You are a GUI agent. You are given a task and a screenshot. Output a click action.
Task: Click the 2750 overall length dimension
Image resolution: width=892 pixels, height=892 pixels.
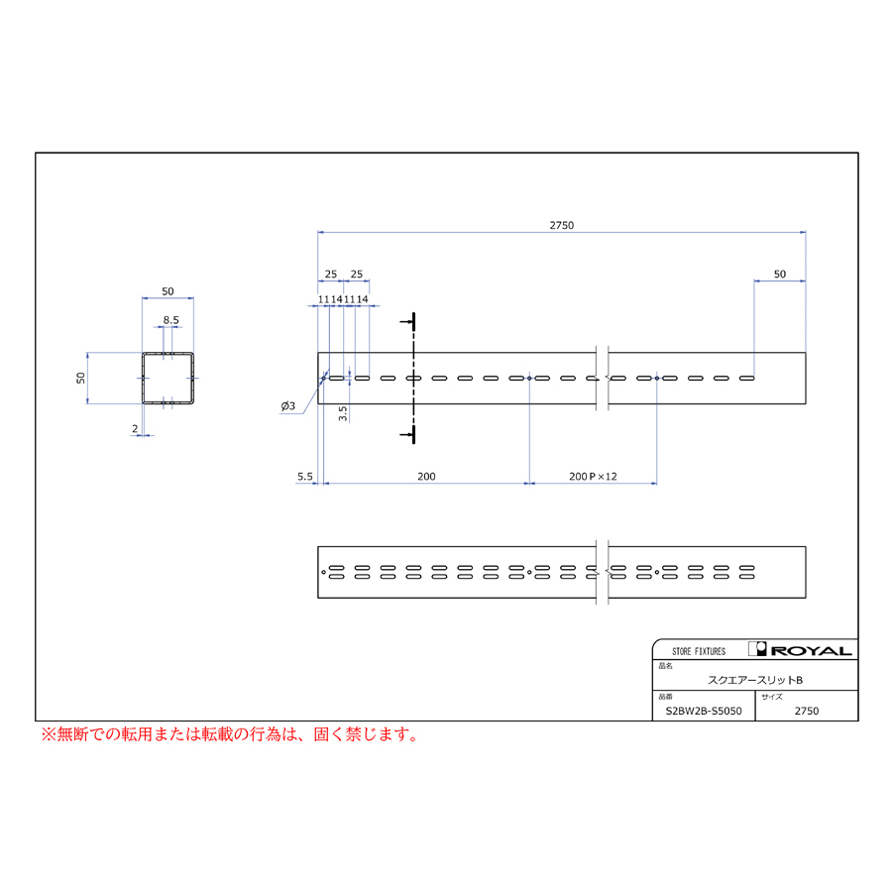(562, 225)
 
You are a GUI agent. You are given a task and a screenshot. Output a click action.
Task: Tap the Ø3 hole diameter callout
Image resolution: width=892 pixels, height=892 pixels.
(287, 405)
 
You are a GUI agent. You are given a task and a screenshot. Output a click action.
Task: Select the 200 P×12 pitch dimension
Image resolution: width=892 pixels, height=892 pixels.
(593, 476)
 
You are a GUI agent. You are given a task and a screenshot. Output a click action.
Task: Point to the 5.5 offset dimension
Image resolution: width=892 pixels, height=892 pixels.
(305, 476)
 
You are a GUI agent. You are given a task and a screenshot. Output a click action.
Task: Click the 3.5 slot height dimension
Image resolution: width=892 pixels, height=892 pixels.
(343, 413)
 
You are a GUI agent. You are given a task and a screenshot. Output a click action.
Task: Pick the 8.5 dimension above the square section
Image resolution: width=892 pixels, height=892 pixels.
(170, 320)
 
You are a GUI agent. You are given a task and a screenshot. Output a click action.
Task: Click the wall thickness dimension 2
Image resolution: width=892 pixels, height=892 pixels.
(135, 428)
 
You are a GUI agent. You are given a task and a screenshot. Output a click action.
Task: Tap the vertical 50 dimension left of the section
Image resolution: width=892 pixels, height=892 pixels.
(81, 378)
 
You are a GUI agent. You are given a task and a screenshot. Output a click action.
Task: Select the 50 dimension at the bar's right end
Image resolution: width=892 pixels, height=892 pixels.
(779, 274)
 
